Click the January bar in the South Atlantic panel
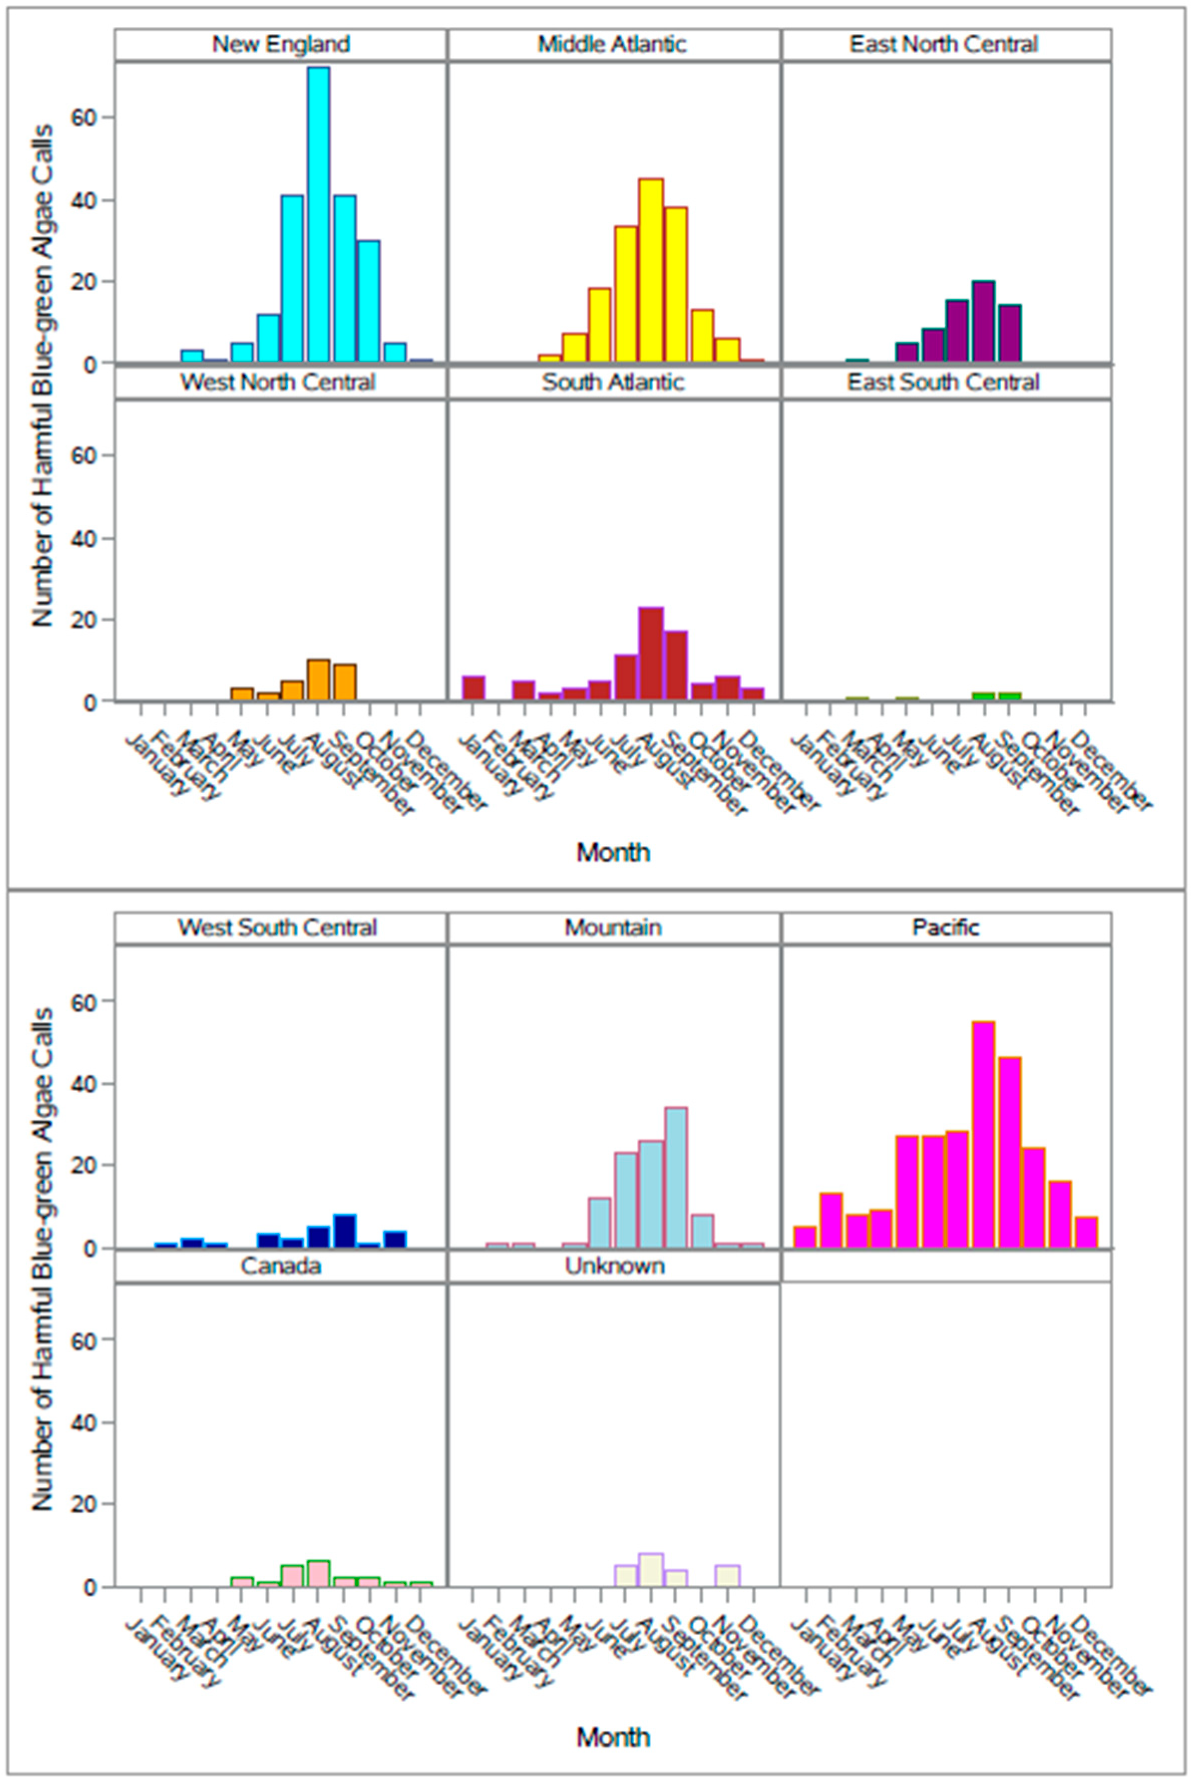click(473, 688)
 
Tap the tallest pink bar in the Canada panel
click(319, 1574)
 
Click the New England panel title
click(281, 44)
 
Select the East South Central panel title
click(944, 382)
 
